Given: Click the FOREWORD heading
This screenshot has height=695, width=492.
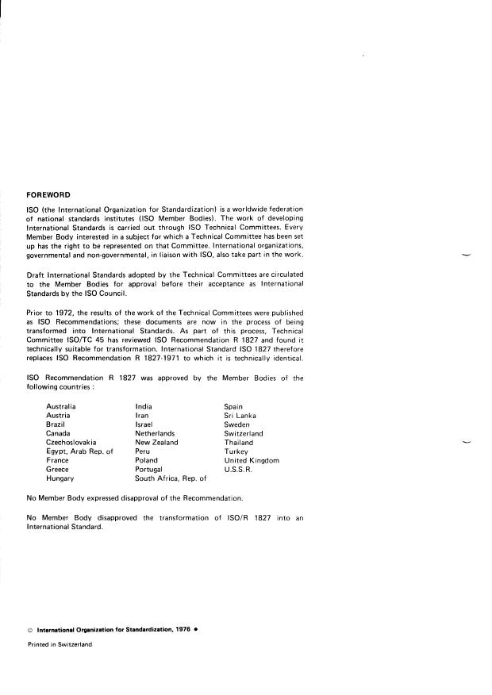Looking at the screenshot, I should (48, 194).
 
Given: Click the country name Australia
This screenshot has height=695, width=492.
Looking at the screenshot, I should (61, 406).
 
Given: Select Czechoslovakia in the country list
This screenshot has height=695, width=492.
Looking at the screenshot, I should (71, 442).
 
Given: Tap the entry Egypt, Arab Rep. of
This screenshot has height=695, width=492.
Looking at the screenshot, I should (79, 451).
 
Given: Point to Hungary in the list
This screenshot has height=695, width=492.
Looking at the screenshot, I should (60, 478).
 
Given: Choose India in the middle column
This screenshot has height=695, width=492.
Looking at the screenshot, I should (144, 406).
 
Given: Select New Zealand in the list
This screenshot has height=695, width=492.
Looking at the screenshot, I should (156, 442).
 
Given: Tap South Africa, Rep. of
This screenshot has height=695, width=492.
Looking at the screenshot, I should (171, 478).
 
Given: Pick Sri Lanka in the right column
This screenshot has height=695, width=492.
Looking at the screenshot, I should (240, 415).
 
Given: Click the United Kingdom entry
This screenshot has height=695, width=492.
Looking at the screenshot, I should (252, 460).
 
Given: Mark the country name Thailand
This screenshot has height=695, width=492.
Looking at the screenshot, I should (238, 442).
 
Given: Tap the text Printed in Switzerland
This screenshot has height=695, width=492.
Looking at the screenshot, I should (60, 644).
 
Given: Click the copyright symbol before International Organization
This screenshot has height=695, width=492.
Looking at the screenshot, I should (30, 630).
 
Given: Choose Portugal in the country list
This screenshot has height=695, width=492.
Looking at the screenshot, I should (151, 469).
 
